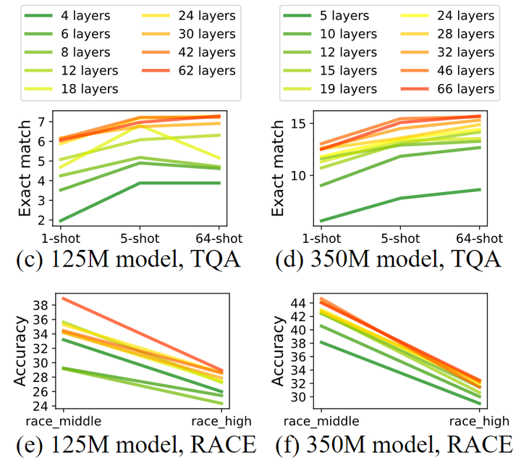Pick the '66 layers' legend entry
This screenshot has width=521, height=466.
pos(454,88)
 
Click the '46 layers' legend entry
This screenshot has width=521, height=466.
pos(454,70)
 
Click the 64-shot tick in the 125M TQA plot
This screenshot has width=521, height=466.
pos(219,238)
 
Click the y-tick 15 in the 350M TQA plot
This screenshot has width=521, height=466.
pos(298,124)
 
